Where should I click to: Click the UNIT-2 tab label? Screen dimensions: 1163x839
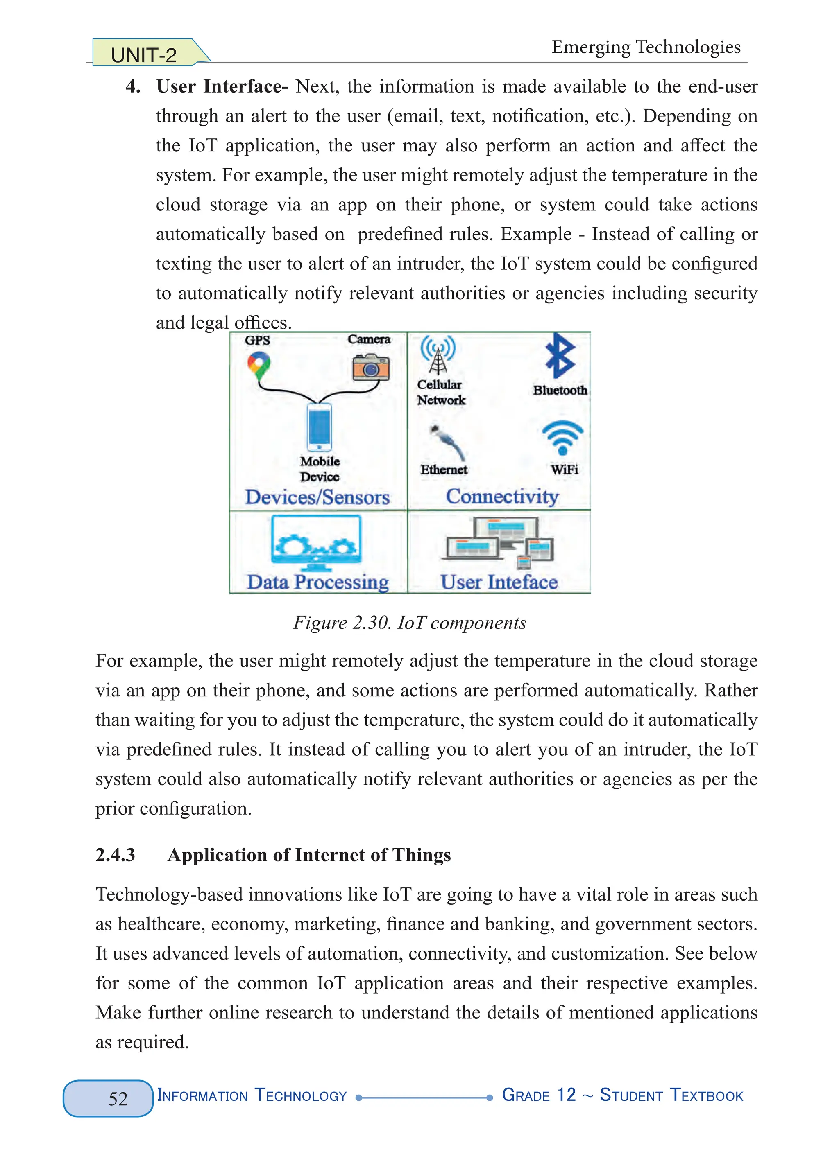pyautogui.click(x=144, y=54)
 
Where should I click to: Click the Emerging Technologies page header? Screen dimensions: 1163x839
pyautogui.click(x=646, y=47)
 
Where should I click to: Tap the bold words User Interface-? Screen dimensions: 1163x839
pyautogui.click(x=222, y=86)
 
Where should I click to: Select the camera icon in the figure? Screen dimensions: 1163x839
pyautogui.click(x=370, y=367)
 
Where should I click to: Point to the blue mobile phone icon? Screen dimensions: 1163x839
pyautogui.click(x=319, y=427)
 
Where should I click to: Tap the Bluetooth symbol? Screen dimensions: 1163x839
pyautogui.click(x=560, y=356)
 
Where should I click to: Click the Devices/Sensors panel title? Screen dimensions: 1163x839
pyautogui.click(x=317, y=497)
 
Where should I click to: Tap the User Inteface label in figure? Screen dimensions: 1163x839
pyautogui.click(x=499, y=582)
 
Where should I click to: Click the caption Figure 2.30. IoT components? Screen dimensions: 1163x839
pyautogui.click(x=410, y=623)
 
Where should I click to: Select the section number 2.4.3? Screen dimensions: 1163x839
pyautogui.click(x=116, y=855)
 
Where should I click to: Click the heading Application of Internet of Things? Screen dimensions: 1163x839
pyautogui.click(x=309, y=855)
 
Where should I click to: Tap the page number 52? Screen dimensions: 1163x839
pyautogui.click(x=118, y=1098)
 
